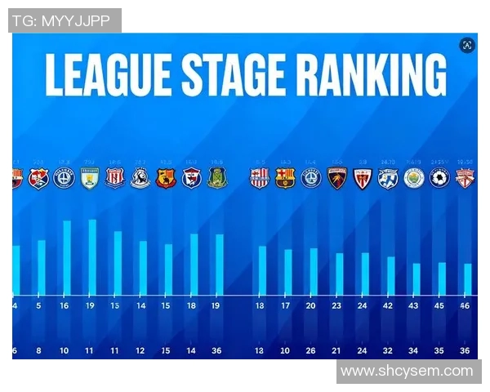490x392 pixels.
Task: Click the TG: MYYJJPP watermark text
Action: [x=65, y=21]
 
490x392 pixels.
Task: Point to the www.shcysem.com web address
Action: [x=407, y=372]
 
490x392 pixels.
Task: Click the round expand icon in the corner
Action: [x=467, y=45]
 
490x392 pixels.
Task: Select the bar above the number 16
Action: [x=67, y=257]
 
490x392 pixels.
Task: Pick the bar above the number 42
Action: [x=390, y=275]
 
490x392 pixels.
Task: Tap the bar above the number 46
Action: [x=468, y=278]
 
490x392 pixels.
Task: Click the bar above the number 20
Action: [x=313, y=271]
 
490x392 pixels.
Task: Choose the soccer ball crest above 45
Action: [x=440, y=177]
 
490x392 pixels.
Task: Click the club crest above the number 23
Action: [x=337, y=177]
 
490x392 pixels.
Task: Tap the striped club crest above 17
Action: [x=285, y=177]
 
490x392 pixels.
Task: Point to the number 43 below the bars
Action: [x=415, y=306]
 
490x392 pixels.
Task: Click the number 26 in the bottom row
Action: [x=311, y=352]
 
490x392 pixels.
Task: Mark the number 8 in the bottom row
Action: [x=38, y=352]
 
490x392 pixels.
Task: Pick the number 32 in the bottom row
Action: [x=389, y=352]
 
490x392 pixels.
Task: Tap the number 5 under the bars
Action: [x=39, y=306]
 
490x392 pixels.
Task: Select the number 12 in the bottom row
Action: [x=140, y=352]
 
